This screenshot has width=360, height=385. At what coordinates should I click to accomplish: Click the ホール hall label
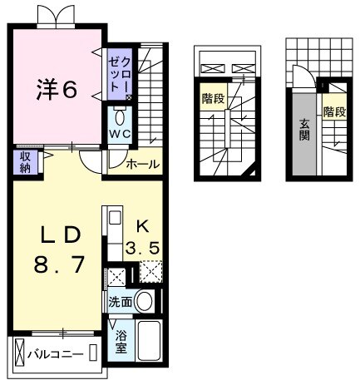click(142, 165)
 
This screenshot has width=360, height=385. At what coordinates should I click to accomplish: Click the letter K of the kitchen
click(141, 225)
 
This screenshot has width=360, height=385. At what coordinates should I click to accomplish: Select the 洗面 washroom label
click(119, 302)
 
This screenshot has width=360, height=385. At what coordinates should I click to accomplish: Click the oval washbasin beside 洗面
click(144, 301)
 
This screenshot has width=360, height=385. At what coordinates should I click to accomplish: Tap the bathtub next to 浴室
click(149, 342)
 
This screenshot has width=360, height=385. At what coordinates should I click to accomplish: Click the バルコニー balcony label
click(55, 354)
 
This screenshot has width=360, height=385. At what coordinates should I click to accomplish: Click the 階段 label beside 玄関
click(334, 112)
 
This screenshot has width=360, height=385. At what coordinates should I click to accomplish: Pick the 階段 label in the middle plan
click(212, 99)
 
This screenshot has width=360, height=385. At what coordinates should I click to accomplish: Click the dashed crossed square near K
click(150, 274)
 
